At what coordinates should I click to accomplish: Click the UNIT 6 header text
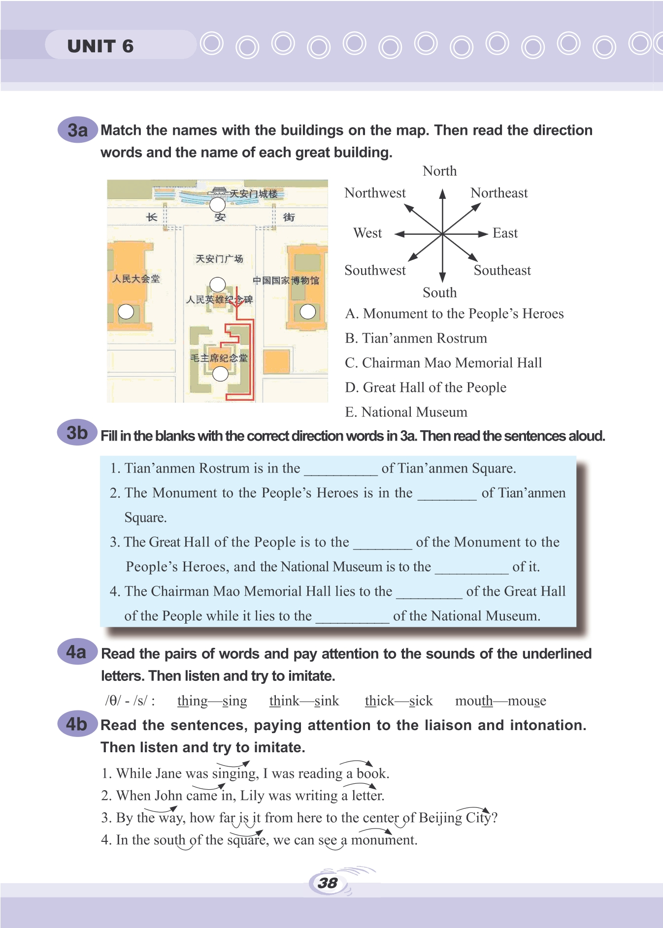(100, 46)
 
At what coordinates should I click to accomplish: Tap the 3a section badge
(77, 130)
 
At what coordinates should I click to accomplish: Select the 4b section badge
(77, 724)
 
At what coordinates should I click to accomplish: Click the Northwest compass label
(375, 193)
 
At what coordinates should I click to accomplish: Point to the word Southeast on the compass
(502, 270)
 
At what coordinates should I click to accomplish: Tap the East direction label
(505, 233)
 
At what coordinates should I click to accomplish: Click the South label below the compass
(439, 293)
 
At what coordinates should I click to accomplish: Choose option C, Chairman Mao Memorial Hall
(443, 363)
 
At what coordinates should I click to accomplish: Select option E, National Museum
(406, 412)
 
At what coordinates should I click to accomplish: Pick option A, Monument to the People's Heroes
(454, 314)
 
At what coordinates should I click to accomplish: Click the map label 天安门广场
(219, 259)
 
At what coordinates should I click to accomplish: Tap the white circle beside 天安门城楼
(217, 204)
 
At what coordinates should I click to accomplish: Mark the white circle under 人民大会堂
(126, 312)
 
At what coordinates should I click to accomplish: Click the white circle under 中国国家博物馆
(308, 311)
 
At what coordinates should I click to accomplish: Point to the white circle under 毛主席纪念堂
(220, 374)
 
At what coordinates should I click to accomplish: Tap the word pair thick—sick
(398, 701)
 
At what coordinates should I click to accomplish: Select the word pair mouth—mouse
(500, 701)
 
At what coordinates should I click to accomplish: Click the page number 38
(328, 883)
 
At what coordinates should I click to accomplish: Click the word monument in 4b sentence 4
(384, 840)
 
